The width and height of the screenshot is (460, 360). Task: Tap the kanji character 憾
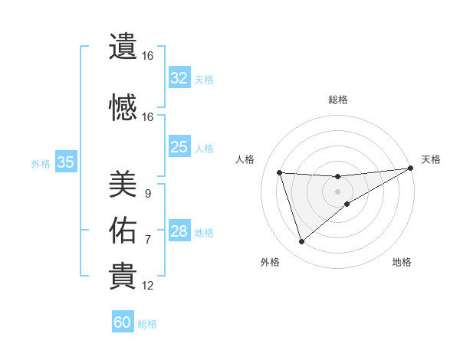[x=123, y=108]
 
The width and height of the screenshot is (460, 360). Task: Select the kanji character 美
[x=123, y=185]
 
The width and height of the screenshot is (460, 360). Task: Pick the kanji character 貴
[x=123, y=277]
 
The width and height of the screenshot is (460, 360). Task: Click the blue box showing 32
[x=179, y=78]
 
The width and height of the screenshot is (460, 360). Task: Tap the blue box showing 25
[x=179, y=147]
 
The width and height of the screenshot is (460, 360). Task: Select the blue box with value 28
[x=179, y=232]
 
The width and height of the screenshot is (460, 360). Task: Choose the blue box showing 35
[x=66, y=162]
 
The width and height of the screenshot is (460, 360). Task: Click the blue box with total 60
[x=123, y=322]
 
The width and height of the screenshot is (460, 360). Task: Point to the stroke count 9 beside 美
[x=147, y=194]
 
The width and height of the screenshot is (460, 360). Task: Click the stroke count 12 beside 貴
[x=148, y=286]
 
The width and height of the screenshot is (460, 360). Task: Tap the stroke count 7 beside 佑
[x=147, y=240]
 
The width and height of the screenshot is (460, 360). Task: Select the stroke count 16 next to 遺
[x=148, y=56]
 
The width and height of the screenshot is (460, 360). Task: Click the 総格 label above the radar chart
[x=337, y=100]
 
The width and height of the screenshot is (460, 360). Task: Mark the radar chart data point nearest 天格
[x=411, y=169]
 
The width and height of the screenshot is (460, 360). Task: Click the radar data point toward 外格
[x=301, y=242]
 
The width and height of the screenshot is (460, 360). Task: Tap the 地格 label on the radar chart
[x=402, y=262]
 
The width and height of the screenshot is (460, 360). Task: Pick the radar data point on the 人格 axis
[x=280, y=173]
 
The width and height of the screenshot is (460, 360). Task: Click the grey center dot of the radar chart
[x=337, y=191]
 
